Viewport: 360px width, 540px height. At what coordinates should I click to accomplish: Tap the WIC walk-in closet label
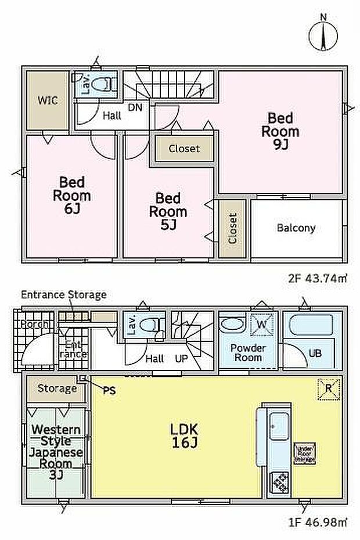[48, 100]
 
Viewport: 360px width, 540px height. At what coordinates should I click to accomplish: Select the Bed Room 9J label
[282, 131]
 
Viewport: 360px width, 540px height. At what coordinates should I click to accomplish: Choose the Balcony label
[296, 228]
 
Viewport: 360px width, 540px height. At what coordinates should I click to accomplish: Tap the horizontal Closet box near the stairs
[184, 149]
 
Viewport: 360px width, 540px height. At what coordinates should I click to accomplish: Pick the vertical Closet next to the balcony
[232, 228]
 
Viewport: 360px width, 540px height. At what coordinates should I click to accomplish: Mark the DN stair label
[135, 107]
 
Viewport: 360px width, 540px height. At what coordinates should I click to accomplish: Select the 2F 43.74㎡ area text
[317, 279]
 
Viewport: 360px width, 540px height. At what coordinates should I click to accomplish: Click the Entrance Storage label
[64, 294]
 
